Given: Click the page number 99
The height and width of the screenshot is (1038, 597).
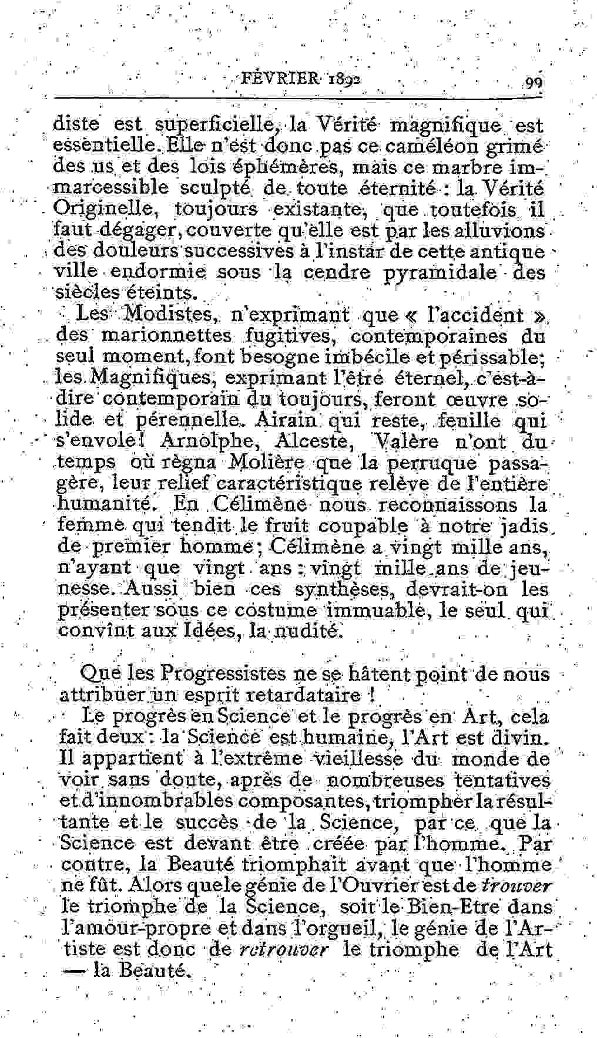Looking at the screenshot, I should point(534,83).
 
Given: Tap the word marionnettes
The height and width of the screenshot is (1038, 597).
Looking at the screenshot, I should point(167,336).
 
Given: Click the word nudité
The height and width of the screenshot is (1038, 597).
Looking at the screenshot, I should point(307,632).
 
